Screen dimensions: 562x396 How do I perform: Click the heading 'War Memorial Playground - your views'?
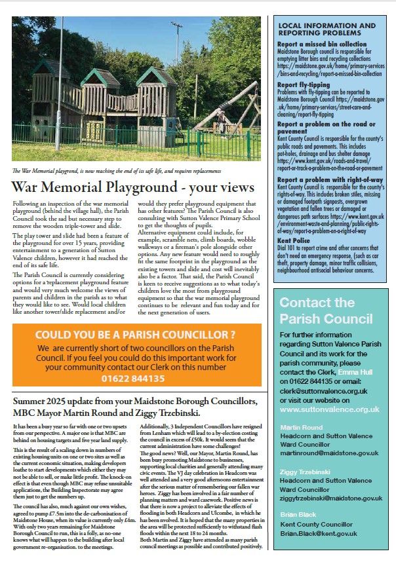(133, 187)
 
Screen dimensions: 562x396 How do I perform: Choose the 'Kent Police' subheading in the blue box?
(293, 240)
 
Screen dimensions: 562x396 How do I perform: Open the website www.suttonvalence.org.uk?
(329, 409)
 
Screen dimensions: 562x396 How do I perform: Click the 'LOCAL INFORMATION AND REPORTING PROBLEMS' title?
(327, 29)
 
